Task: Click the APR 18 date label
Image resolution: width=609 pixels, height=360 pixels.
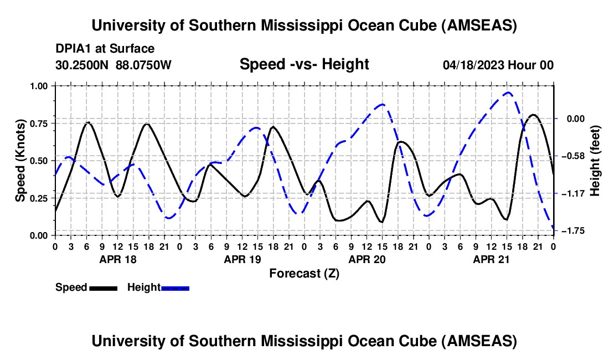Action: [x=117, y=259]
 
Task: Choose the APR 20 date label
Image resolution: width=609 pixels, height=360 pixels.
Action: [x=367, y=259]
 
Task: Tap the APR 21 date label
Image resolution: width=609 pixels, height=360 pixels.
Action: [x=491, y=259]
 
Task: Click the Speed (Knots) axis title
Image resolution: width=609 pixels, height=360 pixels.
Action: [x=20, y=161]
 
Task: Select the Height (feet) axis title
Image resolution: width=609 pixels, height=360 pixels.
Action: [x=595, y=161]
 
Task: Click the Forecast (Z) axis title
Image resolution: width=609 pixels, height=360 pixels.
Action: [x=304, y=273]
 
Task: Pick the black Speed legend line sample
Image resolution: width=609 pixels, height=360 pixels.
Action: [x=103, y=287]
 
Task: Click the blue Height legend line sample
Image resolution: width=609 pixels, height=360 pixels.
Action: [x=175, y=287]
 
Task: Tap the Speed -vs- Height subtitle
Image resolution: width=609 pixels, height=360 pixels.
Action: [x=304, y=64]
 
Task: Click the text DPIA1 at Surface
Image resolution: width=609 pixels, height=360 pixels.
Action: [x=105, y=49]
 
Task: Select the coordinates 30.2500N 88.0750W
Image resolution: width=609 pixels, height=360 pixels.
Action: [x=113, y=65]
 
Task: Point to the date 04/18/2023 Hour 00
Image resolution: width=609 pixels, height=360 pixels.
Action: [x=498, y=65]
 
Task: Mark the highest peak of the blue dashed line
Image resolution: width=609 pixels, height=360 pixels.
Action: [x=508, y=92]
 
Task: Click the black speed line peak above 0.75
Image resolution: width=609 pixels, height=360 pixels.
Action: [x=533, y=115]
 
